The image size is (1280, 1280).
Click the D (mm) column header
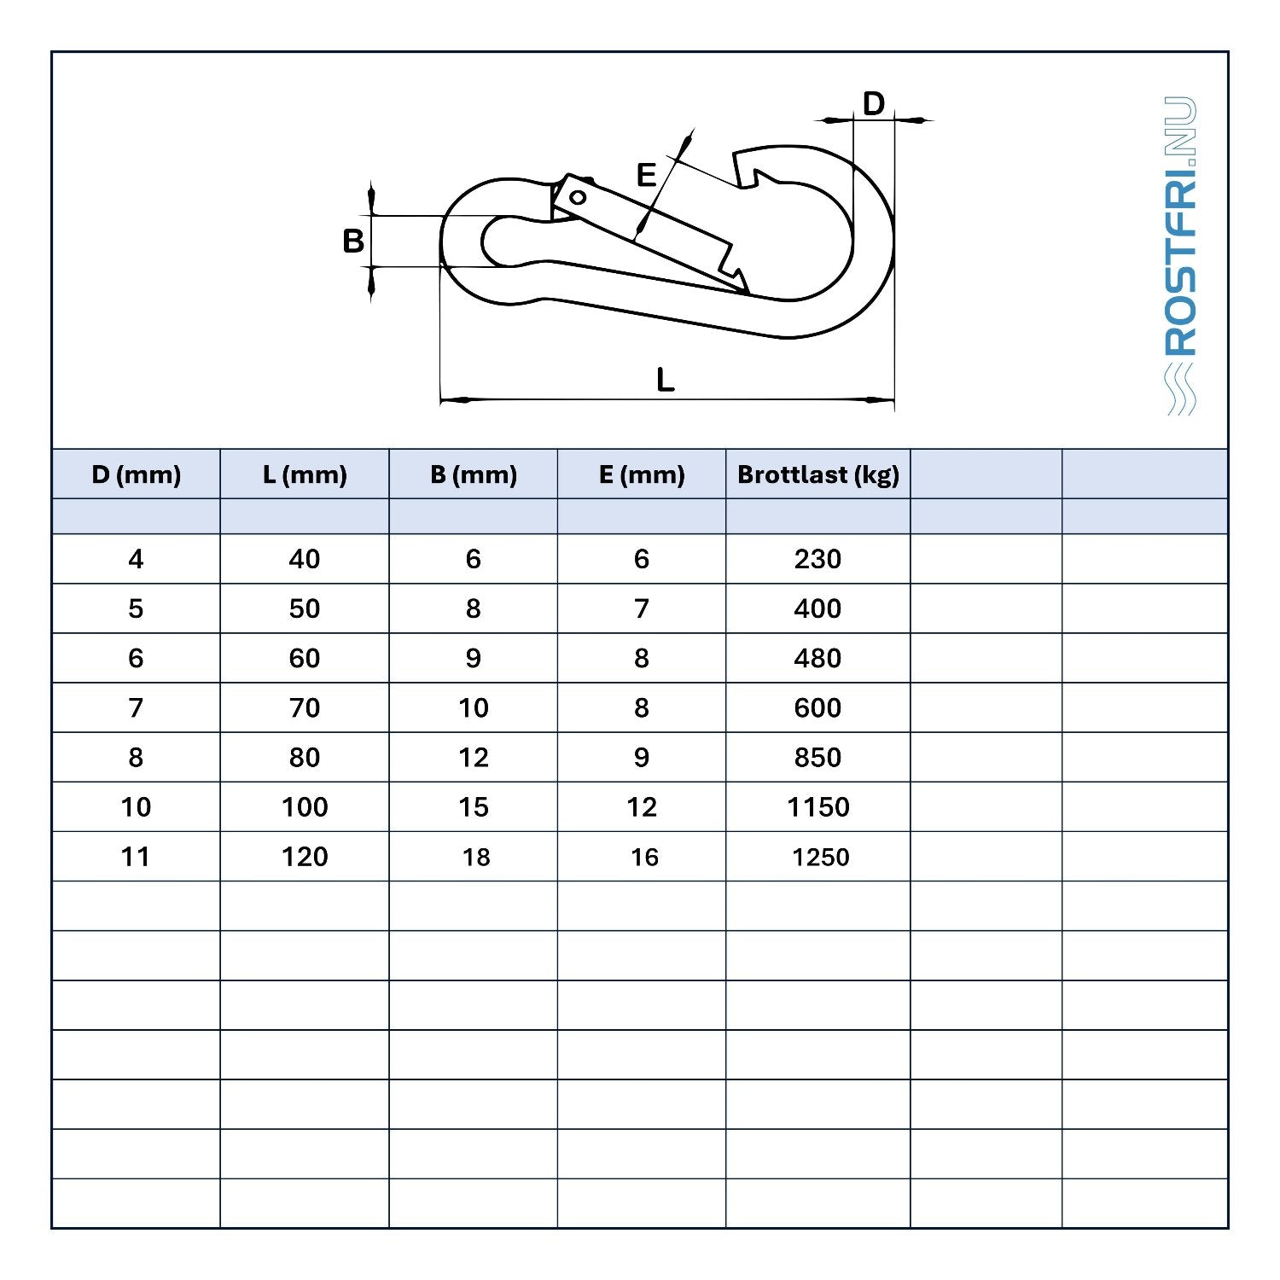pos(136,474)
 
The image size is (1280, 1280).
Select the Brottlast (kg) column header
pos(818,474)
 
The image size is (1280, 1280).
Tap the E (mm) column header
pos(642,474)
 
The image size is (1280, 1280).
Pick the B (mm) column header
pos(474,474)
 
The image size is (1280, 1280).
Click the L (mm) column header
pos(305,474)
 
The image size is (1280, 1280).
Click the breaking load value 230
pos(817,559)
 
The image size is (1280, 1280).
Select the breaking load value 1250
pos(820,857)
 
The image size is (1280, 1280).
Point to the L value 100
pos(305,806)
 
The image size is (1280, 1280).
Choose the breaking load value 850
pos(817,757)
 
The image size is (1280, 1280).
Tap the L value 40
pos(305,559)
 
